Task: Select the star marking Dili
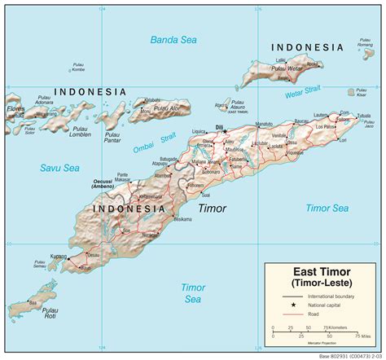coord(225,131)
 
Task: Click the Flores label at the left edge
coord(14,108)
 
